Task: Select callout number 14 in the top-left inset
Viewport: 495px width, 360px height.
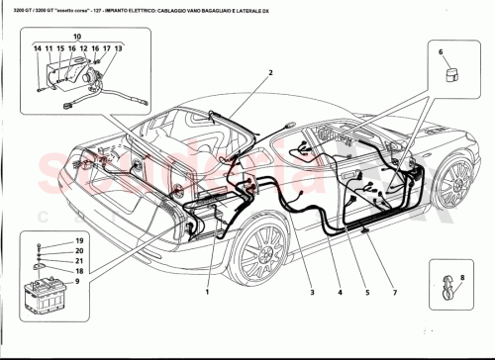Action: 36,48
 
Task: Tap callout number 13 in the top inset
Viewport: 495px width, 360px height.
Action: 119,48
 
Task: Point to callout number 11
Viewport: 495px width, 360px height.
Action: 48,48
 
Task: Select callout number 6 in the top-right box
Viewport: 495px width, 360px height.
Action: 442,51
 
